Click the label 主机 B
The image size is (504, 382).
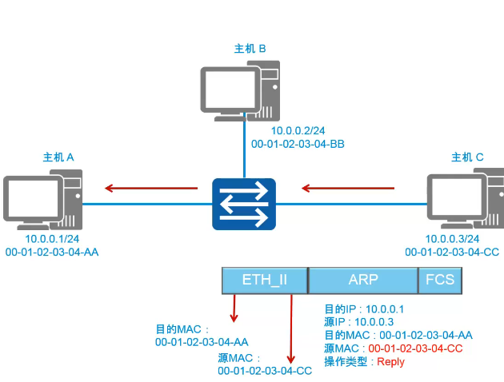click(x=249, y=50)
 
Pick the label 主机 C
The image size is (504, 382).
click(x=467, y=157)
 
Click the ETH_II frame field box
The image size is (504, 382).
click(x=264, y=280)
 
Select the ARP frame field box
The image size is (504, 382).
click(x=362, y=280)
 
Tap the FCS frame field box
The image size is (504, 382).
click(x=438, y=280)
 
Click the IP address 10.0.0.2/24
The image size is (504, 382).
click(x=297, y=130)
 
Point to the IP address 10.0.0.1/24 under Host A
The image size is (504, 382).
click(x=52, y=239)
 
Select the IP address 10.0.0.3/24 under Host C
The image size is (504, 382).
click(x=453, y=239)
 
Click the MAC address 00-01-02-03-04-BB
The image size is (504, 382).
click(x=298, y=144)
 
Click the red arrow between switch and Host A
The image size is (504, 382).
click(x=152, y=189)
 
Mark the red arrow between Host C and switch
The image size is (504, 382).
click(x=348, y=189)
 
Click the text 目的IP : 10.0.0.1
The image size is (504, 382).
click(x=365, y=308)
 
